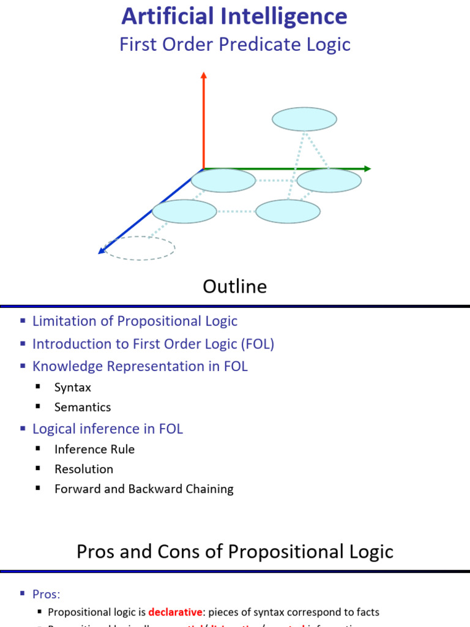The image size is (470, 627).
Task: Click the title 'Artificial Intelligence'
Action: [234, 17]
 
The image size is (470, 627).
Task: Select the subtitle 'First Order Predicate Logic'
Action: [234, 45]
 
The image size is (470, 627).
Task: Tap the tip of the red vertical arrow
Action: [204, 75]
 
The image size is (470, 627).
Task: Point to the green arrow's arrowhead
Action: [367, 169]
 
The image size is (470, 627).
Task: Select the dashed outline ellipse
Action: [140, 248]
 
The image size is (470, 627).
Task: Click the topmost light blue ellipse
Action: [304, 119]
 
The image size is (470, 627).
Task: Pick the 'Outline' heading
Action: [235, 287]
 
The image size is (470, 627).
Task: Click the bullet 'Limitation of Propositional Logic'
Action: [135, 321]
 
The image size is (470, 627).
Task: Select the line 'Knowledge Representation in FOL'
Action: [140, 366]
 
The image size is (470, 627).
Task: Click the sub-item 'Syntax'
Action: [72, 388]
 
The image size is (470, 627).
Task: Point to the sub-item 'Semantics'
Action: [83, 407]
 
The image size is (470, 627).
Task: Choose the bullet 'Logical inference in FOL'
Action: [108, 429]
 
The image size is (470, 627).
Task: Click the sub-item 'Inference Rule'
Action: [94, 449]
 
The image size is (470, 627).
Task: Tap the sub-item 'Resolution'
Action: [84, 469]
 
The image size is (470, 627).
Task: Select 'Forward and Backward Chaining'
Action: [144, 489]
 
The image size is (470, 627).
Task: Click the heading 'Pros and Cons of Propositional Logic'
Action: [235, 552]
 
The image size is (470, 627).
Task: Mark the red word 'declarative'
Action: [175, 612]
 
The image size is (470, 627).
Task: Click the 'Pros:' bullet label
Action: [47, 594]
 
